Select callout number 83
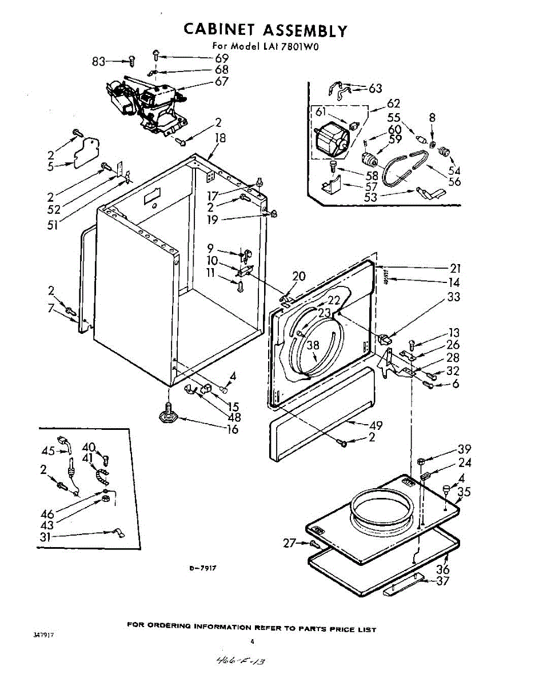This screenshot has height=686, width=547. pyautogui.click(x=99, y=61)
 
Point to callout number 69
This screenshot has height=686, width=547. pyautogui.click(x=222, y=58)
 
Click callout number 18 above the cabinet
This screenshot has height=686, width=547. pyautogui.click(x=221, y=138)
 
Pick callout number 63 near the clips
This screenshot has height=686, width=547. pyautogui.click(x=375, y=88)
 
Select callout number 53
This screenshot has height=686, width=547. pyautogui.click(x=370, y=197)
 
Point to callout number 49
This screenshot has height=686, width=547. pyautogui.click(x=376, y=425)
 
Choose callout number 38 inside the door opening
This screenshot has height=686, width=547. pyautogui.click(x=313, y=345)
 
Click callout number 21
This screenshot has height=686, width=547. pyautogui.click(x=455, y=268)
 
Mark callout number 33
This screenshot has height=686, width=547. pyautogui.click(x=453, y=297)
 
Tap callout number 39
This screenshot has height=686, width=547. pyautogui.click(x=464, y=449)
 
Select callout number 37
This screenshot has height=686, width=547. pyautogui.click(x=443, y=581)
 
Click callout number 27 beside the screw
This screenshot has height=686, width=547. pyautogui.click(x=290, y=543)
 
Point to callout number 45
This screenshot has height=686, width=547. pyautogui.click(x=48, y=450)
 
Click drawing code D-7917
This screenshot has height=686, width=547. pyautogui.click(x=202, y=568)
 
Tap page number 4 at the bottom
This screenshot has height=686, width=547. pyautogui.click(x=252, y=642)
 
